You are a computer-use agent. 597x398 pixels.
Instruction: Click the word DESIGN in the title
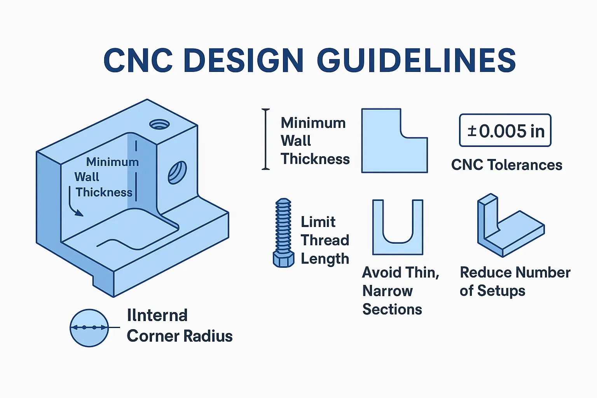click(x=243, y=60)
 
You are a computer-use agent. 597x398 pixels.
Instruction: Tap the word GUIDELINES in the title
click(x=416, y=60)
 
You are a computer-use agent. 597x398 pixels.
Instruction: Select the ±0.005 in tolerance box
click(x=505, y=131)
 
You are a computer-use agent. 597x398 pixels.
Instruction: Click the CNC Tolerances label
click(x=506, y=165)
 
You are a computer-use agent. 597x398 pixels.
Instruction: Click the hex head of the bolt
click(x=283, y=259)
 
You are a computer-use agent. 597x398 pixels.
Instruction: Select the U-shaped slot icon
click(x=398, y=227)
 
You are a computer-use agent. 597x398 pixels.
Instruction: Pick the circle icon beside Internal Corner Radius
click(x=89, y=328)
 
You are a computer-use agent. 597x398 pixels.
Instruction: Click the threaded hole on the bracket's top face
click(x=159, y=124)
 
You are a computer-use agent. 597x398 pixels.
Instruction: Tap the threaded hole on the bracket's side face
click(x=177, y=172)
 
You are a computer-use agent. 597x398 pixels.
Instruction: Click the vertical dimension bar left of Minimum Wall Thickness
click(x=266, y=139)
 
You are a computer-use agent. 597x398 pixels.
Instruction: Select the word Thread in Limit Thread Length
click(x=325, y=241)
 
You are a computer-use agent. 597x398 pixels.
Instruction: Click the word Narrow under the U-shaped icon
click(x=388, y=291)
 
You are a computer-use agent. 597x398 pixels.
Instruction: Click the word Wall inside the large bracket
click(x=87, y=177)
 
